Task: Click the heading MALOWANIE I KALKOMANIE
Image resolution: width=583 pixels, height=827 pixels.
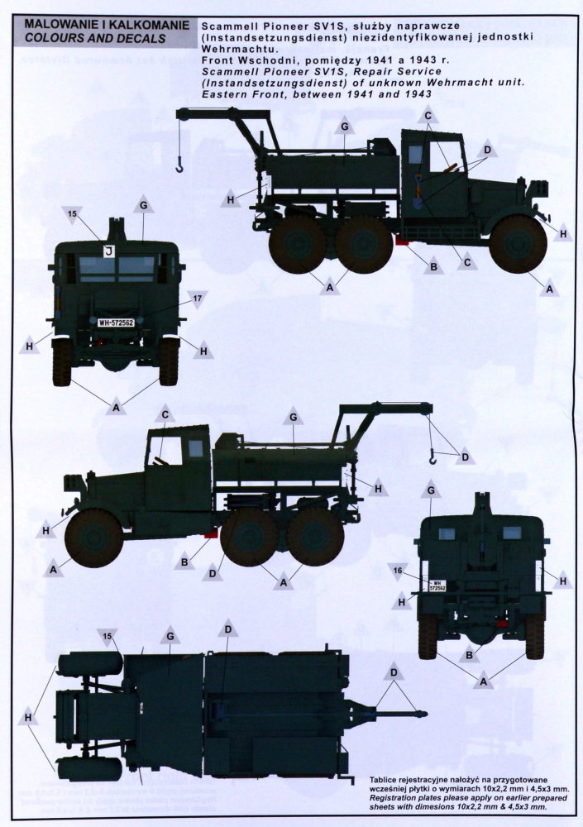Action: coord(107,25)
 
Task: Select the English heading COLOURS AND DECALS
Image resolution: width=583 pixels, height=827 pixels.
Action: coord(95,39)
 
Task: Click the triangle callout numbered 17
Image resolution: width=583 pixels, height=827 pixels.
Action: coord(197,299)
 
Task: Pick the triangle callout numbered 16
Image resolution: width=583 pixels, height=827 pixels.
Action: coord(398,570)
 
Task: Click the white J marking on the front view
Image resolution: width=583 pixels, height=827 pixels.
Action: coord(109,251)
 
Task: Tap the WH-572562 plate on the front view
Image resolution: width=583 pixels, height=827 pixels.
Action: coord(116,323)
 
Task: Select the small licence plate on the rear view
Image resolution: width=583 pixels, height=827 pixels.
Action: coord(437,586)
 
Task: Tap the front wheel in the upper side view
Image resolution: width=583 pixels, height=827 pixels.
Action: coord(518,244)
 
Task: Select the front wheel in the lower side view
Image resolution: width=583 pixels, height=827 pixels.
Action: coord(93,538)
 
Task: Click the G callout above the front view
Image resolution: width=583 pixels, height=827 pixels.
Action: coord(144,204)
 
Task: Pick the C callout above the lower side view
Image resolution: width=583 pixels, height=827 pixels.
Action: coord(165,414)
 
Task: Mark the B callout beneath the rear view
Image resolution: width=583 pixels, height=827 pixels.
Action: coord(469,655)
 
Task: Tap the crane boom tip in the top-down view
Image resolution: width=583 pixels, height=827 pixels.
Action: coord(422,715)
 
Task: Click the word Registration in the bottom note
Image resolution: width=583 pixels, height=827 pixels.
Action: coord(394,798)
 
